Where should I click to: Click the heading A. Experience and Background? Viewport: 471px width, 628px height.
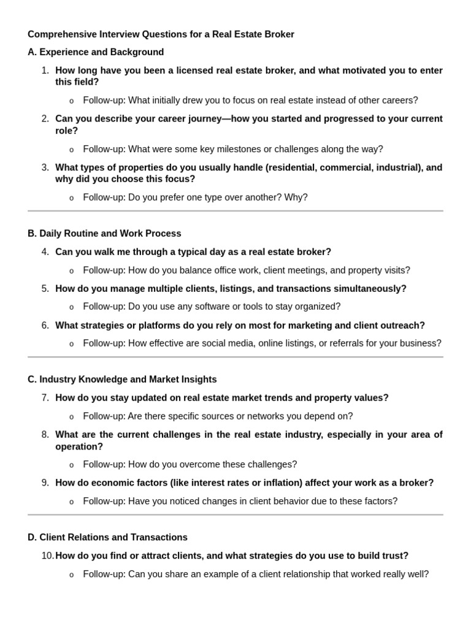pyautogui.click(x=96, y=52)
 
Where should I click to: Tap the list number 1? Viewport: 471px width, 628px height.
pyautogui.click(x=45, y=71)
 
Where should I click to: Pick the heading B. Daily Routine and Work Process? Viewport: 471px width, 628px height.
pyautogui.click(x=104, y=234)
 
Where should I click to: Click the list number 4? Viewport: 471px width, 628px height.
pyautogui.click(x=45, y=252)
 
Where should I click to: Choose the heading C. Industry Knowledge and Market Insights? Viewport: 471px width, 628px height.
pyautogui.click(x=122, y=380)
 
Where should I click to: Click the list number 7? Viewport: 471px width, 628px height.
pyautogui.click(x=45, y=398)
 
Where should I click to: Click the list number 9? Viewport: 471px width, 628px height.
pyautogui.click(x=45, y=483)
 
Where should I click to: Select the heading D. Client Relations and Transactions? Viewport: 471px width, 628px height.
pyautogui.click(x=107, y=537)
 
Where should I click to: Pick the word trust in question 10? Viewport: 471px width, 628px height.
pyautogui.click(x=395, y=556)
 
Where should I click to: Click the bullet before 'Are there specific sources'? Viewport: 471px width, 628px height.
pyautogui.click(x=72, y=417)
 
